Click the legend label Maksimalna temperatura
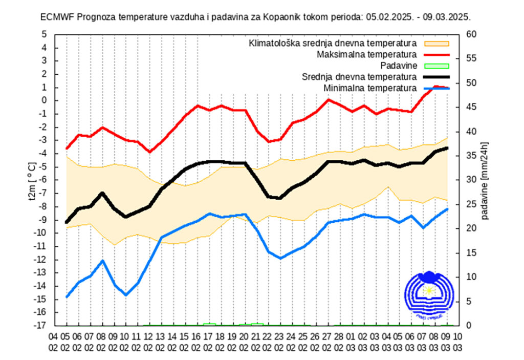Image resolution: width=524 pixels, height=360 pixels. (366, 54)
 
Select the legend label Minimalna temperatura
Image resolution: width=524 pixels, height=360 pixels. (369, 89)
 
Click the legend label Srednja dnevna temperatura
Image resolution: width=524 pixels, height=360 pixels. (358, 77)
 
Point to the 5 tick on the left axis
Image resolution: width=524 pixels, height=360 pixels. (45, 34)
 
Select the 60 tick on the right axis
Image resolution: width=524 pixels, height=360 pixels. (471, 34)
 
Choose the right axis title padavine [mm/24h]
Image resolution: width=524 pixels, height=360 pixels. (485, 180)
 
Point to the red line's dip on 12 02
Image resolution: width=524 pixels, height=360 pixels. (149, 152)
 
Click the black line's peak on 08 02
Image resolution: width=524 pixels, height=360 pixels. (102, 193)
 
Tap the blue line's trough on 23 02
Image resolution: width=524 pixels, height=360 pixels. (280, 258)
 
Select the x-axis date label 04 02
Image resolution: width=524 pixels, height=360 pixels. (53, 341)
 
